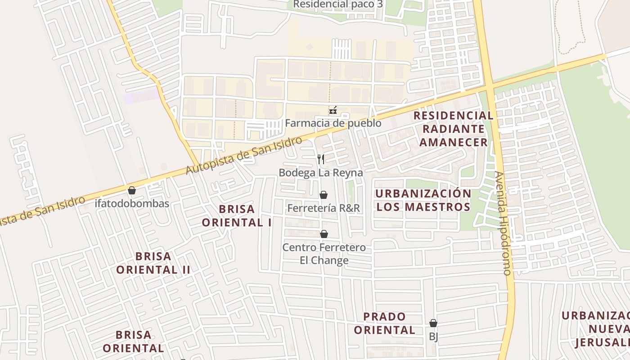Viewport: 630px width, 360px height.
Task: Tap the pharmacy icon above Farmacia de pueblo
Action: click(333, 110)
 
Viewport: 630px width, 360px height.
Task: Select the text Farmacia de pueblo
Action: click(333, 123)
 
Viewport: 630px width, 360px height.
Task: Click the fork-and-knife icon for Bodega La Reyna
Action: click(321, 159)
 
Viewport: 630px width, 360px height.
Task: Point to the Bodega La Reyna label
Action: click(321, 172)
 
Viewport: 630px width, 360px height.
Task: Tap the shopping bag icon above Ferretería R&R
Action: click(323, 195)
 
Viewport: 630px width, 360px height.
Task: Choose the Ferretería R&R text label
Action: click(324, 208)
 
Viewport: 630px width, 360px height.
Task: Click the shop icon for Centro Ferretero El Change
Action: click(324, 234)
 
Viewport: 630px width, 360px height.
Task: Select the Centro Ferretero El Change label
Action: click(324, 254)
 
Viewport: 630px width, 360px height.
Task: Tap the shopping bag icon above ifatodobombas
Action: click(132, 190)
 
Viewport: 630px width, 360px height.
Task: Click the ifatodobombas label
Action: click(132, 203)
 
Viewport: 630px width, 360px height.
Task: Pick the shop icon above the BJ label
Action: click(433, 323)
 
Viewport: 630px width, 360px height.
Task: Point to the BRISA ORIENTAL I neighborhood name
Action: click(237, 216)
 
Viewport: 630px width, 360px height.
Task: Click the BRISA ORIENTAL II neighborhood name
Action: click(153, 263)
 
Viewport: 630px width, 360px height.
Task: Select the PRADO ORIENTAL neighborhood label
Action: click(384, 323)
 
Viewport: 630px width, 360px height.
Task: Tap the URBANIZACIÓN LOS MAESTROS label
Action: click(423, 200)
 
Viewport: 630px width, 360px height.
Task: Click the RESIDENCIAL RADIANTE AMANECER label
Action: click(453, 129)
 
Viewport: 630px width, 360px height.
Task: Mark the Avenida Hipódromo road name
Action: click(503, 223)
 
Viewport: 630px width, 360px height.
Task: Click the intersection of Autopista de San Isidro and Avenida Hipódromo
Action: click(489, 85)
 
